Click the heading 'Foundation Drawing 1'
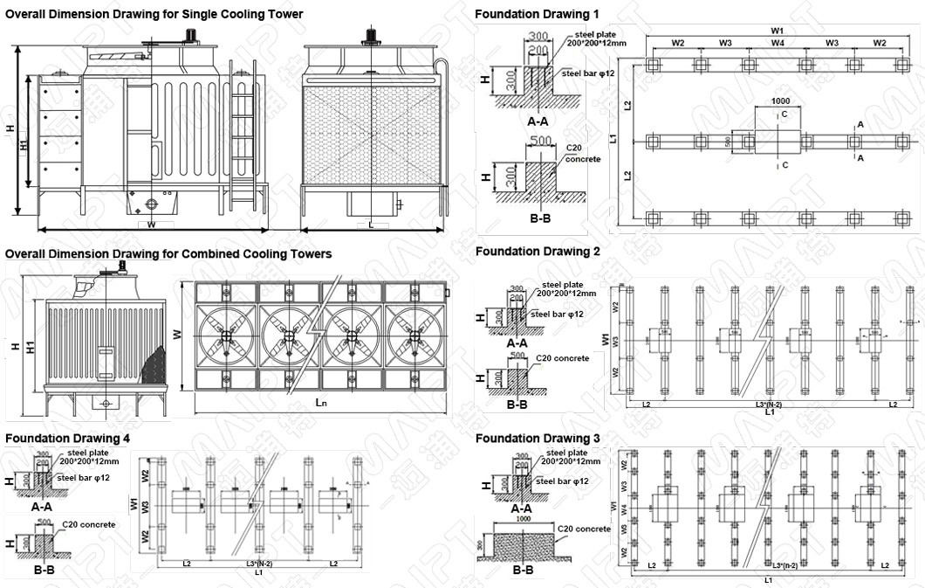[x=537, y=15]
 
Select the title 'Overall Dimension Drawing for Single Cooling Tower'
[x=154, y=14]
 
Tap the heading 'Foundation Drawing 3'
[x=537, y=438]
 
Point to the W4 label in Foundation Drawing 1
[x=777, y=43]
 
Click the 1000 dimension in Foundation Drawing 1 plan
[x=781, y=101]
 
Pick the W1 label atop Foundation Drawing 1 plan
[x=777, y=30]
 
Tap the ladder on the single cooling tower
[x=243, y=135]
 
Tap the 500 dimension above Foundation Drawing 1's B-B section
[x=540, y=140]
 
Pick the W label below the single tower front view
[x=151, y=225]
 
